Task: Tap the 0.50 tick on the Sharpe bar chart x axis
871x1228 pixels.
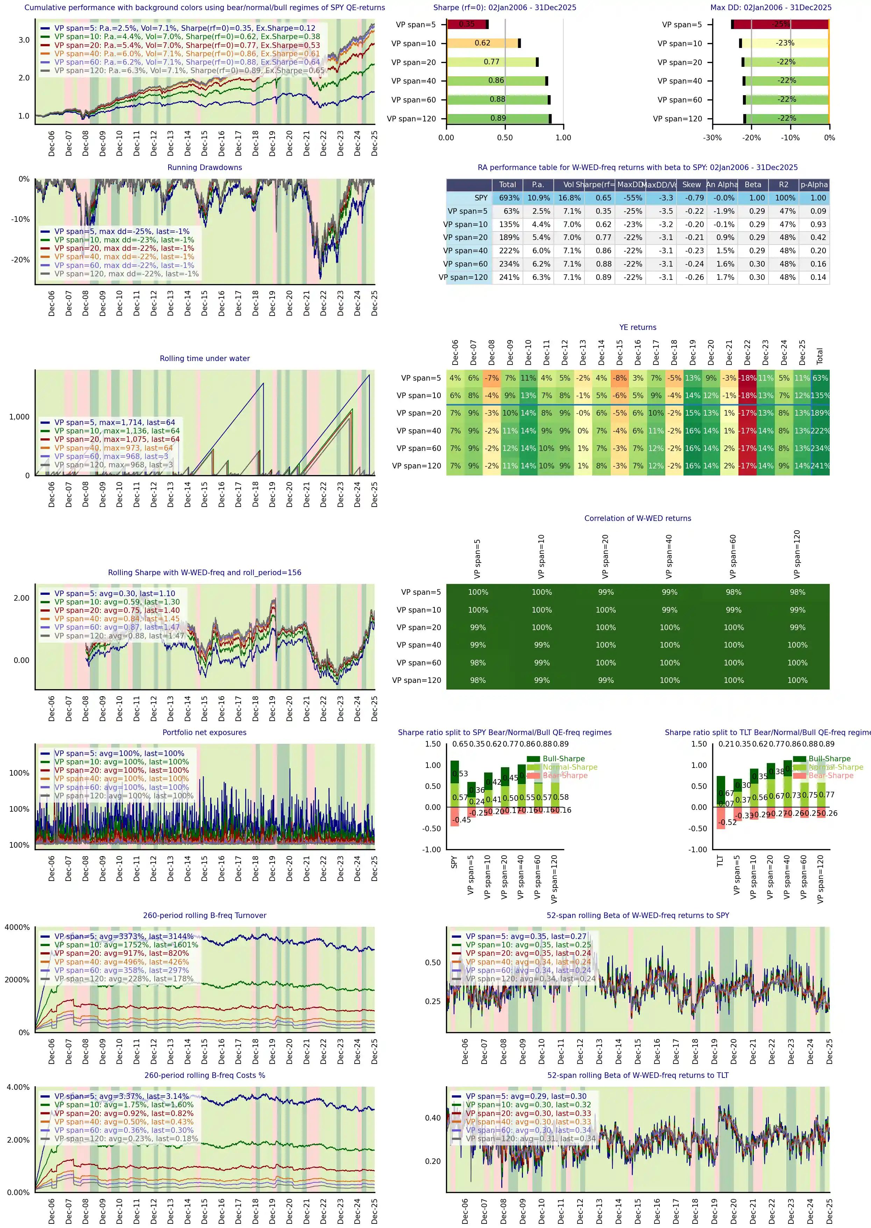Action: click(x=505, y=137)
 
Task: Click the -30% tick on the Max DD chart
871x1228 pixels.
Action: click(x=712, y=137)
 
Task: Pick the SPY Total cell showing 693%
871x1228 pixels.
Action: click(x=509, y=198)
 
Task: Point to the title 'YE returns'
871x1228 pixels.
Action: click(x=637, y=327)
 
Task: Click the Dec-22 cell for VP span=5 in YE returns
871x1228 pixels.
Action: click(x=747, y=378)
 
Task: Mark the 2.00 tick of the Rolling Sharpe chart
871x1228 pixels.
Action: click(x=21, y=598)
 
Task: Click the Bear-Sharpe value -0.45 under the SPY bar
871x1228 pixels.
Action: click(x=461, y=820)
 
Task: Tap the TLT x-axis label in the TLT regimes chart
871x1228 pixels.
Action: click(x=720, y=861)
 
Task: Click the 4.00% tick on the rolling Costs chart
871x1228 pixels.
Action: click(x=18, y=1087)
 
